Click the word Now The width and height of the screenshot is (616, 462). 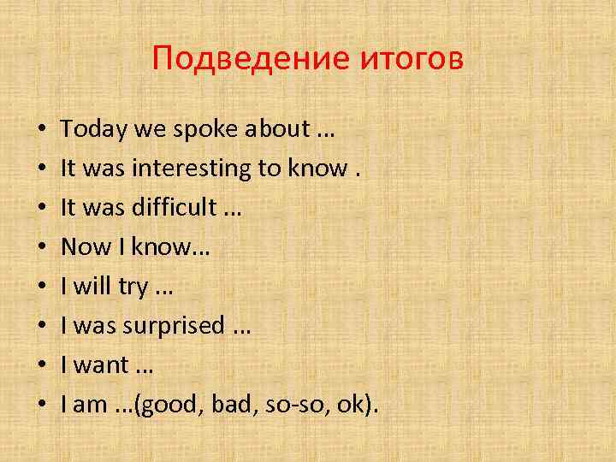[84, 248]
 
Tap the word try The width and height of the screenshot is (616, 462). [133, 287]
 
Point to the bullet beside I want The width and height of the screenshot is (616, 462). [41, 366]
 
